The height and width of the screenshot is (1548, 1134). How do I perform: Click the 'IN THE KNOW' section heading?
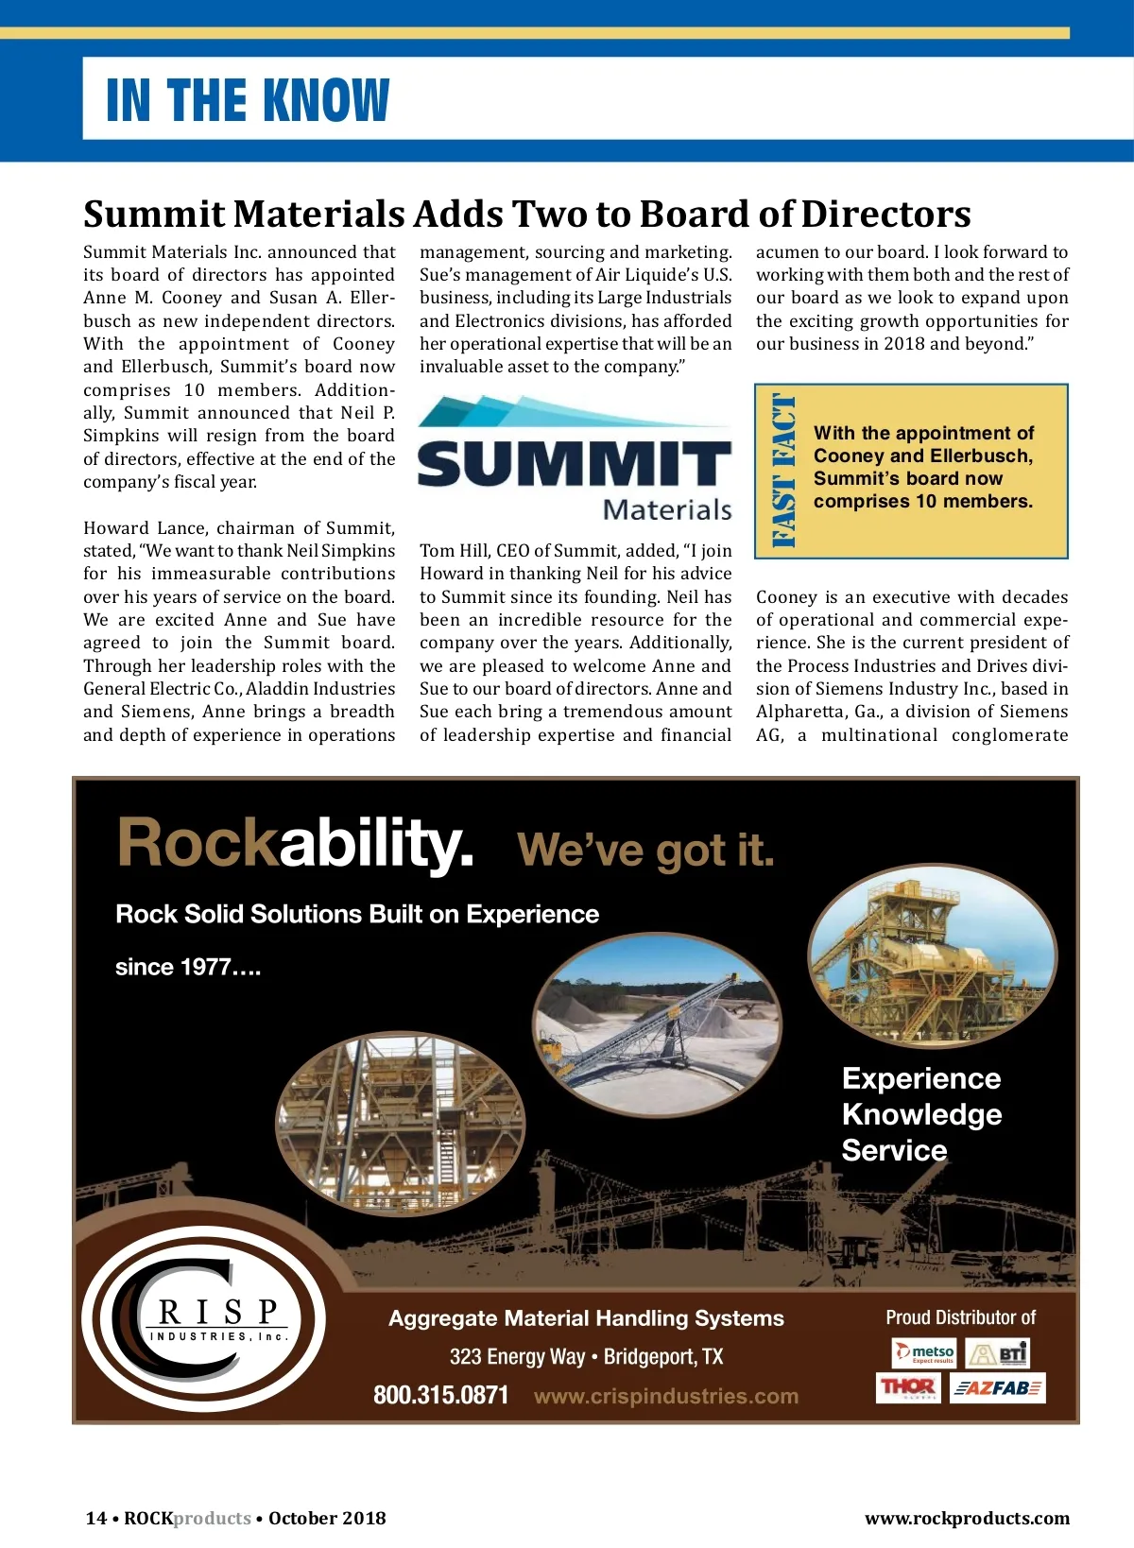point(248,100)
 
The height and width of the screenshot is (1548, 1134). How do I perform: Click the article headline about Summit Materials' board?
point(526,215)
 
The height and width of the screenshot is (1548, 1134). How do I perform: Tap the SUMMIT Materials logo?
point(575,458)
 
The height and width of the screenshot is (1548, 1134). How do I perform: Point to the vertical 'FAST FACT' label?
point(783,472)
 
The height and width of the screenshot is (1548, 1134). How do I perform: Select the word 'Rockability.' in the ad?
point(295,843)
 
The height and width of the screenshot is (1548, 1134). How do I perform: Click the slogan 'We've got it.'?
point(645,851)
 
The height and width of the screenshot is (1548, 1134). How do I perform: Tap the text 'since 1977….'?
point(188,967)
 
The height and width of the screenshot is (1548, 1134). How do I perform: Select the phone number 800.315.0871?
point(440,1395)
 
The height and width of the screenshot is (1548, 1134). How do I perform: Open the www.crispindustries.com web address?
point(665,1396)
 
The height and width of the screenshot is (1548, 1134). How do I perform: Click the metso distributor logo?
point(924,1353)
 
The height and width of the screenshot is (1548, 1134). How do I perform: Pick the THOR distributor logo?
point(908,1388)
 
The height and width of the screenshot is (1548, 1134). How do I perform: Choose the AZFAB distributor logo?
point(997,1388)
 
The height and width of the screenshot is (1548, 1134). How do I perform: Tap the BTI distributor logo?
point(998,1353)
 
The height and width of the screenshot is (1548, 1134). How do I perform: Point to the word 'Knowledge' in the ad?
point(921,1114)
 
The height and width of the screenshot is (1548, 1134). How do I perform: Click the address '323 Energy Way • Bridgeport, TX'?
point(586,1357)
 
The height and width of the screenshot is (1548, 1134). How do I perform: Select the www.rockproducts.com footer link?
point(967,1518)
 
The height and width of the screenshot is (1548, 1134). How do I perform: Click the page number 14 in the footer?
point(95,1518)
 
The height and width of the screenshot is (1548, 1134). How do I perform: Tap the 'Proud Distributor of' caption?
point(960,1317)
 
